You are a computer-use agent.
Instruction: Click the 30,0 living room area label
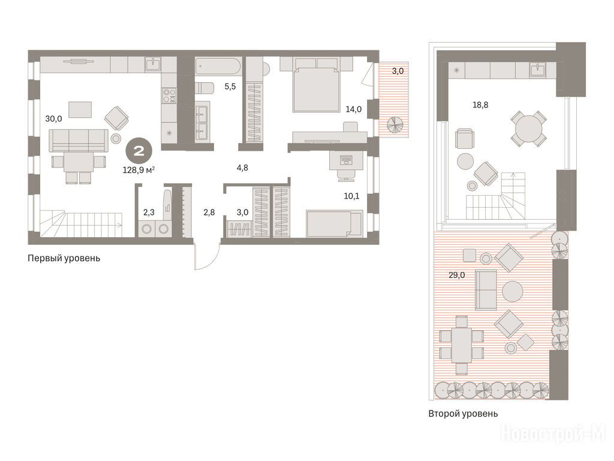tap(53, 119)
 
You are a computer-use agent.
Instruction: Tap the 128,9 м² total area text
tap(139, 170)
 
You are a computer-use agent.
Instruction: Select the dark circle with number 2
tap(139, 151)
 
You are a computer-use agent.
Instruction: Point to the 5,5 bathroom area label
tap(230, 86)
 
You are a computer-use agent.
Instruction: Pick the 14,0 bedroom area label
tap(353, 109)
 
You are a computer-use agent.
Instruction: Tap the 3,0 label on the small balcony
tap(398, 71)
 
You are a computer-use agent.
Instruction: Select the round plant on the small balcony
tap(395, 125)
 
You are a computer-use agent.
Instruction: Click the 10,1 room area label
tap(351, 196)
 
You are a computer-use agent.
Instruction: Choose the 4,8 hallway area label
tap(242, 168)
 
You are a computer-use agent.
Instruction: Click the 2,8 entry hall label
tap(209, 213)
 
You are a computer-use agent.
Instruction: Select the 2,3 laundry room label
tap(149, 213)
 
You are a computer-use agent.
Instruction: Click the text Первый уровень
tap(64, 258)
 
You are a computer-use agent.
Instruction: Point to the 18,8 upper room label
tap(480, 105)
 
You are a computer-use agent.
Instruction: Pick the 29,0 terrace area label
tap(456, 275)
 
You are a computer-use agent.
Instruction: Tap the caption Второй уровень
tap(463, 414)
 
